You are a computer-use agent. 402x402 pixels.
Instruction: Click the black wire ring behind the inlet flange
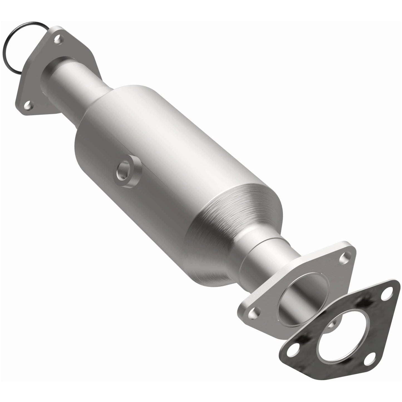11,42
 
